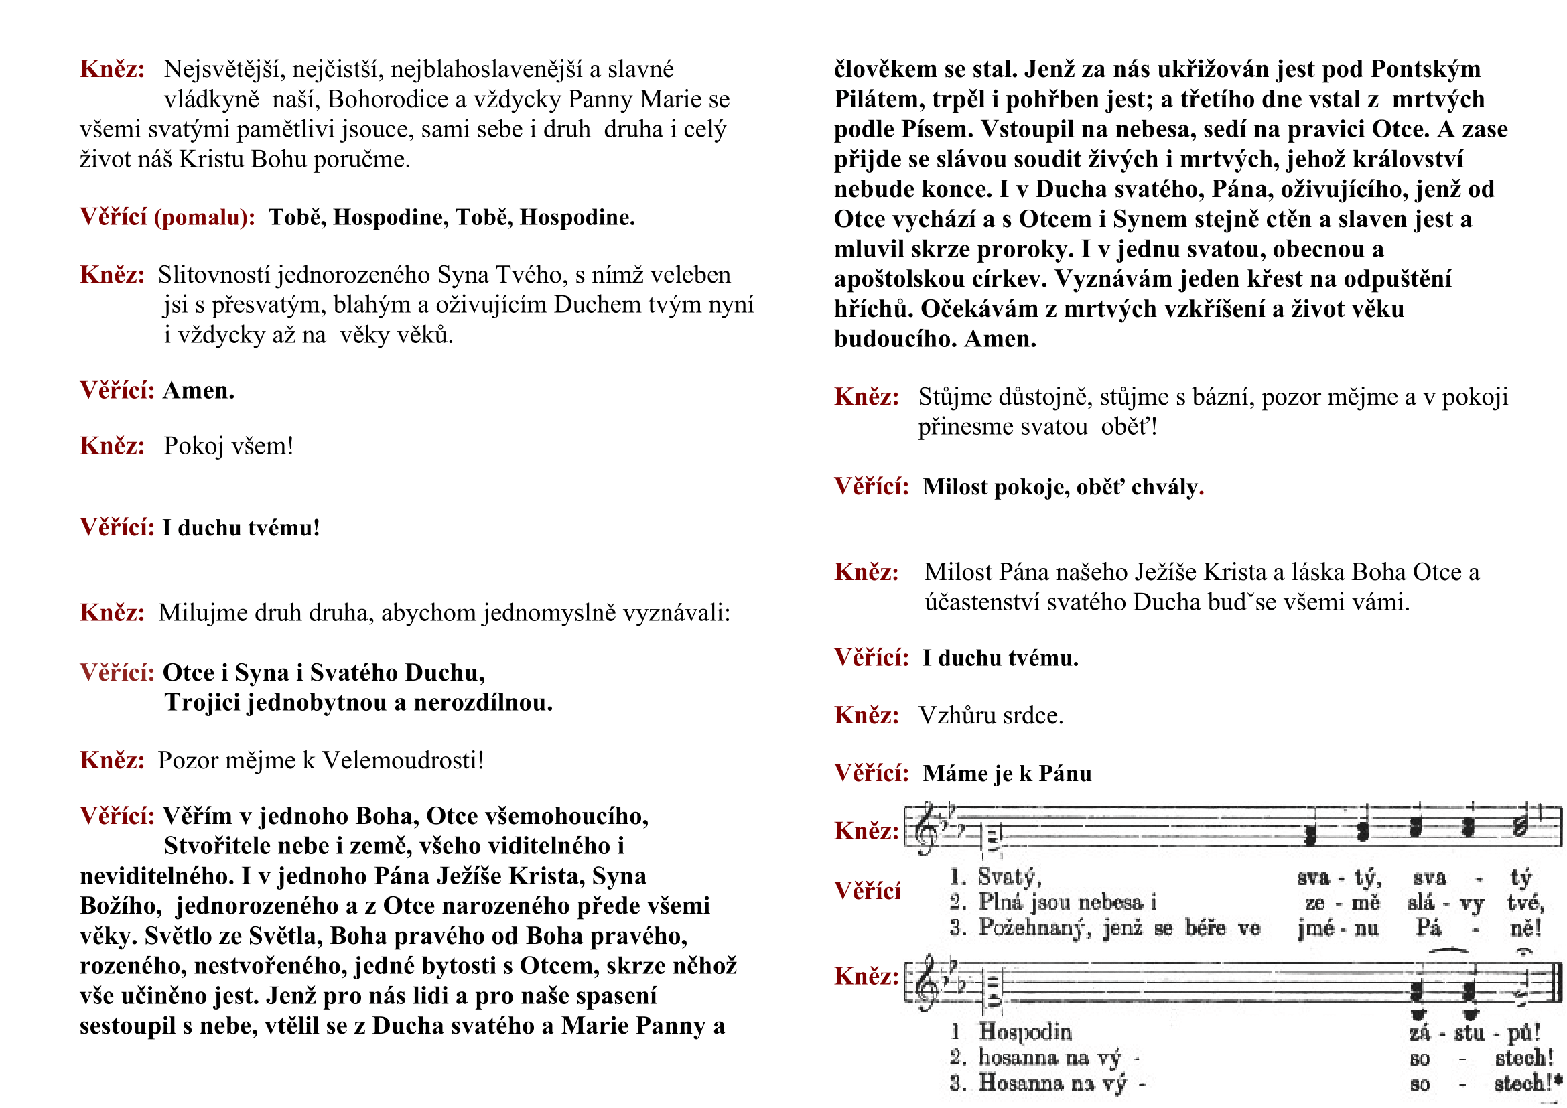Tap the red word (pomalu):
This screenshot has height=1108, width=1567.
pyautogui.click(x=205, y=218)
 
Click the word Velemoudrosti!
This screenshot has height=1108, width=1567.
pyautogui.click(x=403, y=760)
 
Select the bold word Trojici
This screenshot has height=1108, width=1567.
pyautogui.click(x=203, y=703)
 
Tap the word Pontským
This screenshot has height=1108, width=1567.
pyautogui.click(x=1426, y=70)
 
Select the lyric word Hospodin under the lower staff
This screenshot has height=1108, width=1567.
pyautogui.click(x=1025, y=1032)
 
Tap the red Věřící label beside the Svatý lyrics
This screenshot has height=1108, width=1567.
pyautogui.click(x=868, y=891)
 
